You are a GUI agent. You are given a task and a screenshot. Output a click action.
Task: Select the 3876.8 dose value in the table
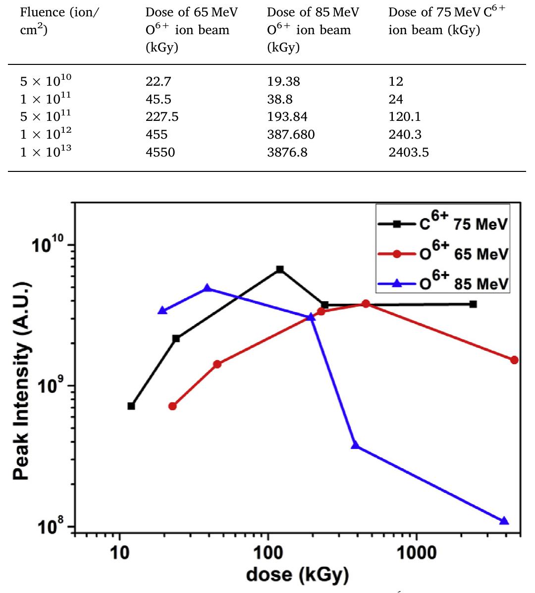point(287,152)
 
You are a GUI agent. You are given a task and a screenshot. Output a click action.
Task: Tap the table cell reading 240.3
point(404,135)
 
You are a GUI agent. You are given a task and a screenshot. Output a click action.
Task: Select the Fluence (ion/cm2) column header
point(58,21)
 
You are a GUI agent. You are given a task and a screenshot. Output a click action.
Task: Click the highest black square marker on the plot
point(280,270)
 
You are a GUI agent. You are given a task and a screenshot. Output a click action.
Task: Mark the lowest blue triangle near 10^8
point(504,521)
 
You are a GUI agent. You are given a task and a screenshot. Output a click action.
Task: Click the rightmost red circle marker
point(514,360)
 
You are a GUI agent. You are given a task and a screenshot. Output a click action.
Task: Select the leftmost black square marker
point(131,406)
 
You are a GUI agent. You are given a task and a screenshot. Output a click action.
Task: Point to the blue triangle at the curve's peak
point(208,288)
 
